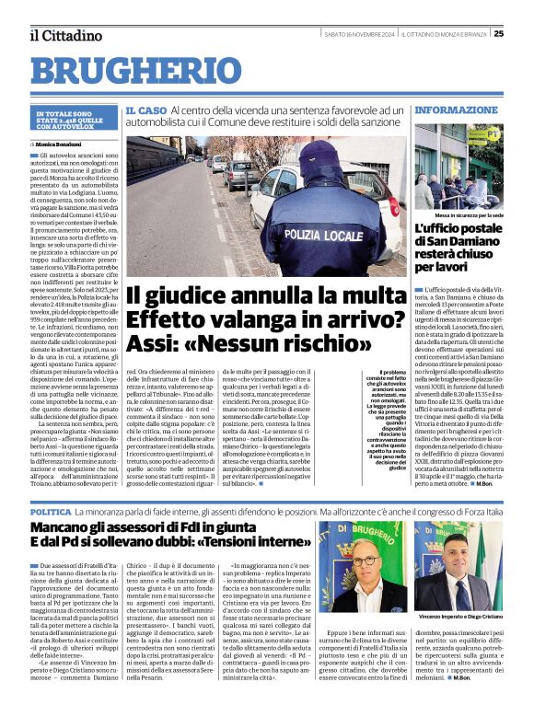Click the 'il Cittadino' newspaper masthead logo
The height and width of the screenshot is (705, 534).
point(65,36)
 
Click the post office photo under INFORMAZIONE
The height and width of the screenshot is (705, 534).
point(459,167)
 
